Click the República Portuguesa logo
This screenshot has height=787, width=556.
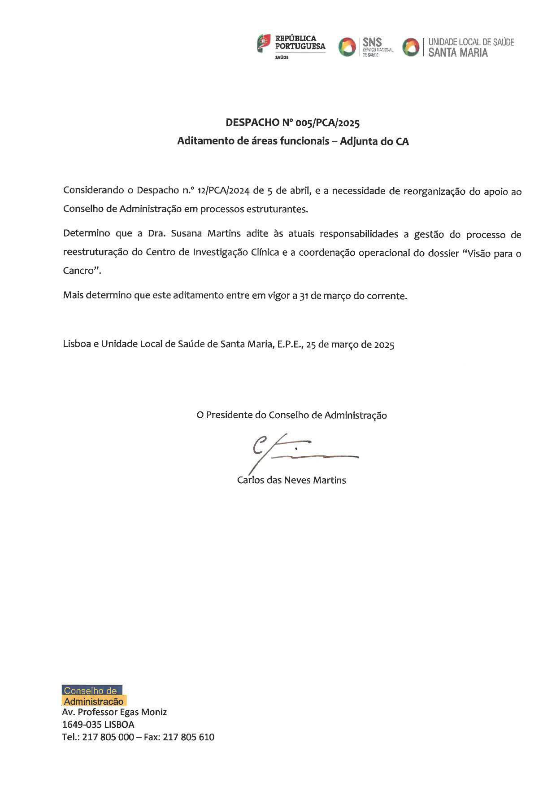[291, 47]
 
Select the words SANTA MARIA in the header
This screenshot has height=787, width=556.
[458, 53]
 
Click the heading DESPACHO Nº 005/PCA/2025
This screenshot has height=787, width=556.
[292, 122]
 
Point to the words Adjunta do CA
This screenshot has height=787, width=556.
[374, 141]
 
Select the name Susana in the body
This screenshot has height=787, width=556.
[187, 233]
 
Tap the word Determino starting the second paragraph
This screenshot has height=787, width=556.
[87, 233]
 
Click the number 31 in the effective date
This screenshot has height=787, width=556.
[304, 296]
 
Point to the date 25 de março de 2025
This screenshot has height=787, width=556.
[350, 345]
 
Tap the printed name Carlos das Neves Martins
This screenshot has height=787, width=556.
[291, 480]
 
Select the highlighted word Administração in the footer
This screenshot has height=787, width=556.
[94, 701]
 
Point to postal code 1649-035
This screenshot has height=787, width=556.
[81, 725]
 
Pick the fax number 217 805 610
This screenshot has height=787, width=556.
[188, 737]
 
